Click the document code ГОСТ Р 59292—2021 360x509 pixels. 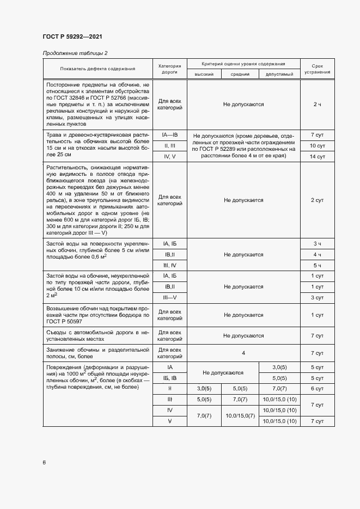(72, 37)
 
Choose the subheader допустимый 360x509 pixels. (279, 74)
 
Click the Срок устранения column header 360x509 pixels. (317, 69)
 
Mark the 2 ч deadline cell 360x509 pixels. (317, 104)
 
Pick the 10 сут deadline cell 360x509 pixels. (317, 145)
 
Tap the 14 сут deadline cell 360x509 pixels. (317, 157)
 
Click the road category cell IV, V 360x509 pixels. (169, 157)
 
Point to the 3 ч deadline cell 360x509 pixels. (317, 243)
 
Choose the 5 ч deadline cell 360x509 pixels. (317, 265)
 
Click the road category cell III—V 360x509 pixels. (169, 297)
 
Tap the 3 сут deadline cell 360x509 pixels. (317, 297)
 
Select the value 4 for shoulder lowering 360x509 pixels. (243, 353)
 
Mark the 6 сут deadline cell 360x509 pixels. (317, 388)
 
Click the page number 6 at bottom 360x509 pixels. (44, 463)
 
